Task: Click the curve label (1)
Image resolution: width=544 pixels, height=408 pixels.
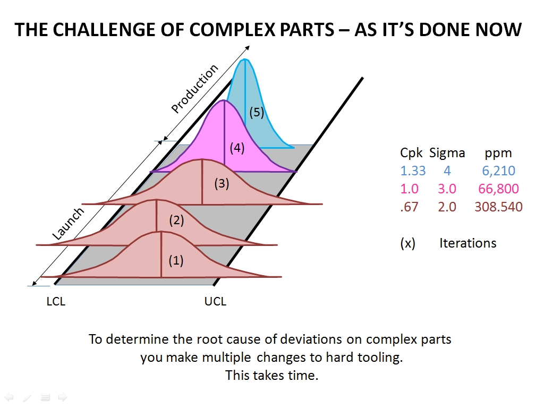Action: tap(176, 260)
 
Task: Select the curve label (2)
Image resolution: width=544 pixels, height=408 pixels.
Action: tap(176, 220)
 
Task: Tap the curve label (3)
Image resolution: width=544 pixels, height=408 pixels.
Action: tap(222, 184)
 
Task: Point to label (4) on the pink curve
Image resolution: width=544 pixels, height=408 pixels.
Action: tap(237, 148)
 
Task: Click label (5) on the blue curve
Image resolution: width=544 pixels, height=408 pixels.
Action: tap(257, 112)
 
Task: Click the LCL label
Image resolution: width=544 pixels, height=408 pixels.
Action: tap(56, 302)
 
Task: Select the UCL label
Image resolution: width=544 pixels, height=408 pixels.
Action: tap(215, 302)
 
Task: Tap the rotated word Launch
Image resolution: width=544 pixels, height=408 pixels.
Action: tap(69, 224)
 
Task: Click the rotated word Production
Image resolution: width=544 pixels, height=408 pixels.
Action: tap(195, 89)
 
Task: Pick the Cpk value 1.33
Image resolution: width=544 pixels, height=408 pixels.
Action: tap(413, 171)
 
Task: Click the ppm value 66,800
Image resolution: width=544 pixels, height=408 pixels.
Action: tap(498, 189)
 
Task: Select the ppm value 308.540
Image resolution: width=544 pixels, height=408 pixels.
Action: tap(498, 207)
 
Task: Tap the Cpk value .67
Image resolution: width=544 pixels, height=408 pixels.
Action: tap(409, 207)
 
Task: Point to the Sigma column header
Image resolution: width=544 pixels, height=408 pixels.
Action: tap(447, 153)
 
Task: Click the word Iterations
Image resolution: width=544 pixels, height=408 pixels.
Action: tap(467, 243)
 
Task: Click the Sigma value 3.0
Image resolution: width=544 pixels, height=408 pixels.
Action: tap(447, 189)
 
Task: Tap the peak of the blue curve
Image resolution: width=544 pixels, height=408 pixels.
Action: tap(245, 60)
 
